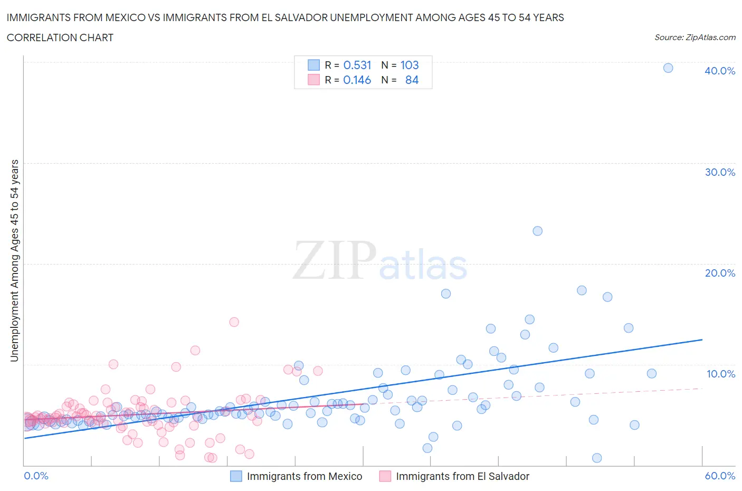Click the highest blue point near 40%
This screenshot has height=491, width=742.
668,68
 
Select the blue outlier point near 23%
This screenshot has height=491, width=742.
537,231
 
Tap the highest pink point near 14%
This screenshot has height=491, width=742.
234,322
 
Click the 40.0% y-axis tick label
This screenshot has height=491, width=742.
720,71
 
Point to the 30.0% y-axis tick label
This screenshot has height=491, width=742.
720,172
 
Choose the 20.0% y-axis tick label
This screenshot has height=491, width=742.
720,273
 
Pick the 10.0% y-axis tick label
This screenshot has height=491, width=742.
721,374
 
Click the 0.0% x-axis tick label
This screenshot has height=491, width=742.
36,476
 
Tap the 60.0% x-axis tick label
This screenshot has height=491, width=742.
720,476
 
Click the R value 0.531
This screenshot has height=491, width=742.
357,65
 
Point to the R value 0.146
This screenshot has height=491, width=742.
357,80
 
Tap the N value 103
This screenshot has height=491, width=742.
410,65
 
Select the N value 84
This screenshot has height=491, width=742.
412,80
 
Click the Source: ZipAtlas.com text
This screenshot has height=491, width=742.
695,37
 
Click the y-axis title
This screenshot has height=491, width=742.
14,261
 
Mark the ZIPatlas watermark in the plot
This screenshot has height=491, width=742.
380,260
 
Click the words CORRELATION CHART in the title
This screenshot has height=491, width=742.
60,37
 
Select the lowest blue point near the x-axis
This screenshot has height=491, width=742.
597,458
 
